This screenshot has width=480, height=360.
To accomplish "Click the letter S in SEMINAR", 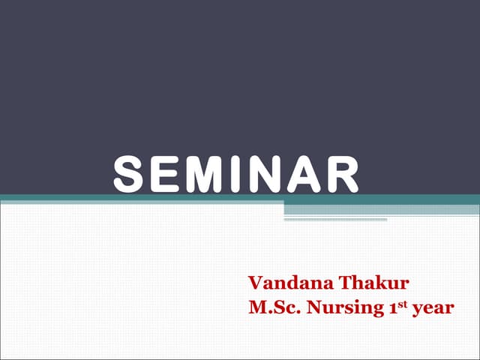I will [129, 174].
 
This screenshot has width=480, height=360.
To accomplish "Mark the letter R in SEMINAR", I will [338, 174].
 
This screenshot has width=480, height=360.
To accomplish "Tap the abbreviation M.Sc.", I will [273, 307].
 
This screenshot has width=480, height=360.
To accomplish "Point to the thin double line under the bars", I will [335, 220].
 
